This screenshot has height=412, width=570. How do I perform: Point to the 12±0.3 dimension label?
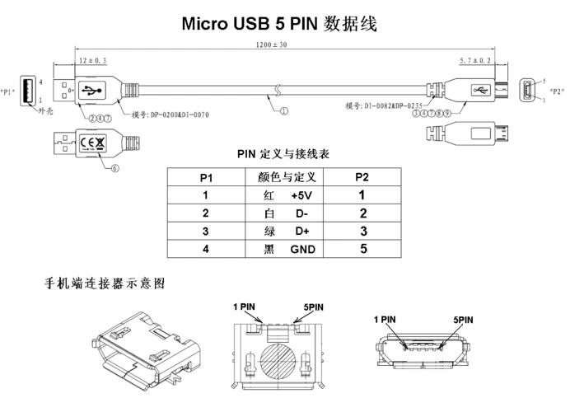coord(93,61)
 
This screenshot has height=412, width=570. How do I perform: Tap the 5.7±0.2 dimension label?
coord(475,61)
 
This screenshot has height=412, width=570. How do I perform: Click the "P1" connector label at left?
coord(9,91)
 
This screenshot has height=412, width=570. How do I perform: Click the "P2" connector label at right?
coord(558,91)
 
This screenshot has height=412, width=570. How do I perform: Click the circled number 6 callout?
coord(114,167)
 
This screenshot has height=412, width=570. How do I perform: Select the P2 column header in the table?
coord(362,177)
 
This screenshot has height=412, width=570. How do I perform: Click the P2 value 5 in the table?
coord(362,248)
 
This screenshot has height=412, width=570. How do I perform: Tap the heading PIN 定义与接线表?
coord(283,154)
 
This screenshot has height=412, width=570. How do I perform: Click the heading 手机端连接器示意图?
coord(105,283)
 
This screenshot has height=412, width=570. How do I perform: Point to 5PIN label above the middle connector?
coord(315,306)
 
